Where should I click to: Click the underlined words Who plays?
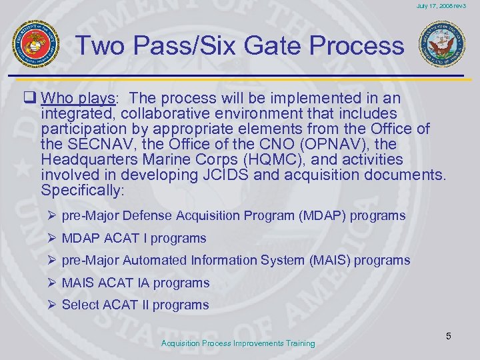[x=78, y=98]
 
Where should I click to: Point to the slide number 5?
[x=449, y=336]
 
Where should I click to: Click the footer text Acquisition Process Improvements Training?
[x=238, y=343]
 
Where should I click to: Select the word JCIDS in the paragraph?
[x=255, y=175]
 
